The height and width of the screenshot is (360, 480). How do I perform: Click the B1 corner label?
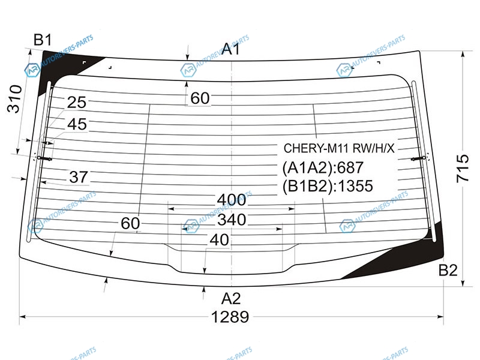(43, 40)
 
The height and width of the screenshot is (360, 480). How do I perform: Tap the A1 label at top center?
(230, 49)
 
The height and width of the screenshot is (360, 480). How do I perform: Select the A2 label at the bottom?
(231, 298)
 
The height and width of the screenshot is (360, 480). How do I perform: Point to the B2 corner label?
(448, 271)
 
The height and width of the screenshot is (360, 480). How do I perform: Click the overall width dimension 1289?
(230, 317)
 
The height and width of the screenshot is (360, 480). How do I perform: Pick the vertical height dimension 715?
(463, 169)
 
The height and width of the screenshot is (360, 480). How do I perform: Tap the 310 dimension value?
(14, 99)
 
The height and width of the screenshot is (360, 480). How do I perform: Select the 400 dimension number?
(232, 200)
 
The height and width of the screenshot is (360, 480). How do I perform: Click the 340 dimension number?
(232, 220)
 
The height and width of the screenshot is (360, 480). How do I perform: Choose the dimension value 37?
(79, 177)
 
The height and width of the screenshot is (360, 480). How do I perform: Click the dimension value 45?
(77, 125)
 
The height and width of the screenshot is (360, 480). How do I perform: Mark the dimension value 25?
(77, 103)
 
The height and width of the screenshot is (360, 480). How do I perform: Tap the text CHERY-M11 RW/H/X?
(339, 148)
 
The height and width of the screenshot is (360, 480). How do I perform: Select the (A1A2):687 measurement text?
(323, 168)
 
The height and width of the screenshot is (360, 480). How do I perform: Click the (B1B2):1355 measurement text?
(328, 186)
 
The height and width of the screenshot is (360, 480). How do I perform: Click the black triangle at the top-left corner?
(61, 66)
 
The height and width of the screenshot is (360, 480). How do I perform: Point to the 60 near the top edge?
(200, 98)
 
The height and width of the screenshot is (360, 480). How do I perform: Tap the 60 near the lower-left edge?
(130, 224)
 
